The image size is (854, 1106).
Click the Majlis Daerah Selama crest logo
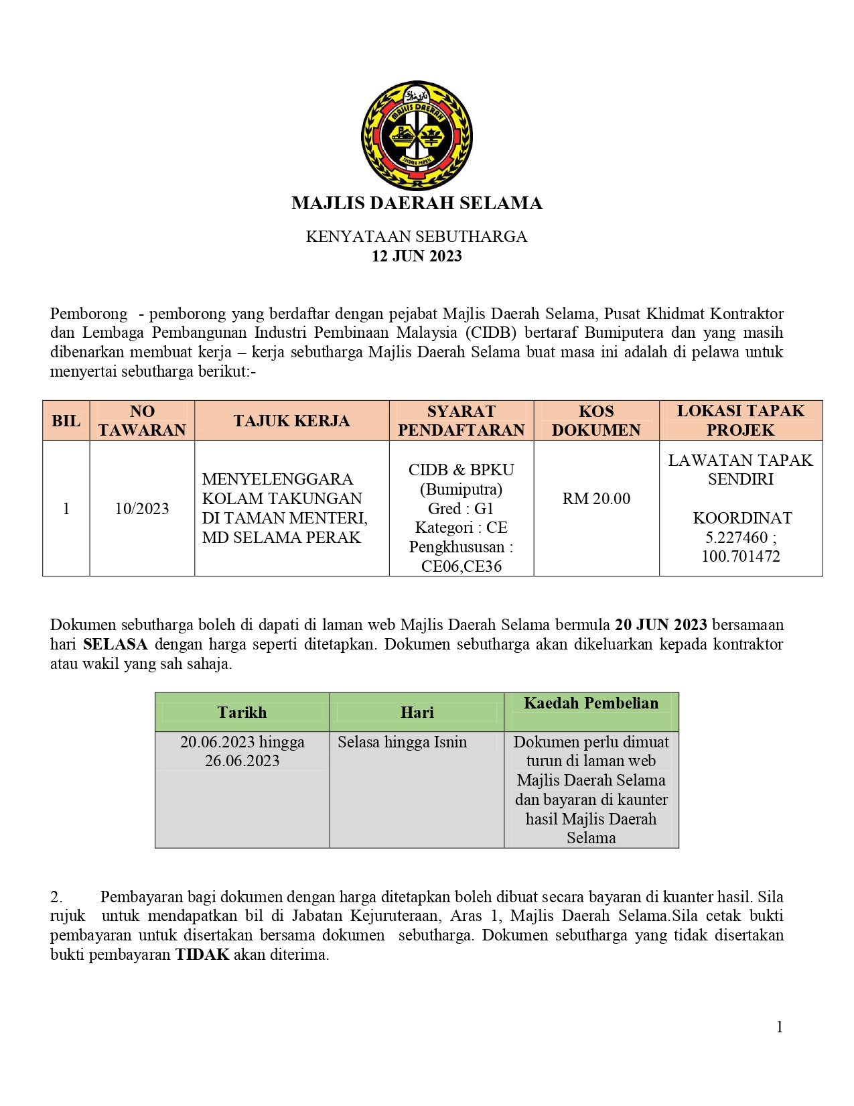click(417, 136)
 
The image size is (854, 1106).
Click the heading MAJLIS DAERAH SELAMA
click(417, 203)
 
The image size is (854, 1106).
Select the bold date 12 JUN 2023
click(417, 256)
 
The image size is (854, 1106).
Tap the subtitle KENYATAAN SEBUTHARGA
click(417, 237)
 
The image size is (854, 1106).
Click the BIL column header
click(66, 421)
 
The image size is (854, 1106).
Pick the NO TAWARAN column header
click(142, 421)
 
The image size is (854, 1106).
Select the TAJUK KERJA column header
click(291, 421)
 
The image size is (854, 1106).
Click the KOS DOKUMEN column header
click(596, 421)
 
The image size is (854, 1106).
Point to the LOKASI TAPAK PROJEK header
click(740, 421)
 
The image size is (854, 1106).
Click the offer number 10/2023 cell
click(142, 509)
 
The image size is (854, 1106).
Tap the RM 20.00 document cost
click(596, 499)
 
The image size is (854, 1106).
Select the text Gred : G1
click(461, 509)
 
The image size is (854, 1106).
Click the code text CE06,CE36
click(461, 566)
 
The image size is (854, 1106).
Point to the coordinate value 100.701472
click(741, 556)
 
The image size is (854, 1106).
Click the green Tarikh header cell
click(242, 713)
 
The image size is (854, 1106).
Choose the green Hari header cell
click(417, 713)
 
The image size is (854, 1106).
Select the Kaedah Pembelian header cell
click(591, 703)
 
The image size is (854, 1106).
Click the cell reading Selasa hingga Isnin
click(402, 742)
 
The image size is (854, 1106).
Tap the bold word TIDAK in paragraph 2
click(202, 955)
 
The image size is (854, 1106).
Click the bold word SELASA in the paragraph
click(115, 645)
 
